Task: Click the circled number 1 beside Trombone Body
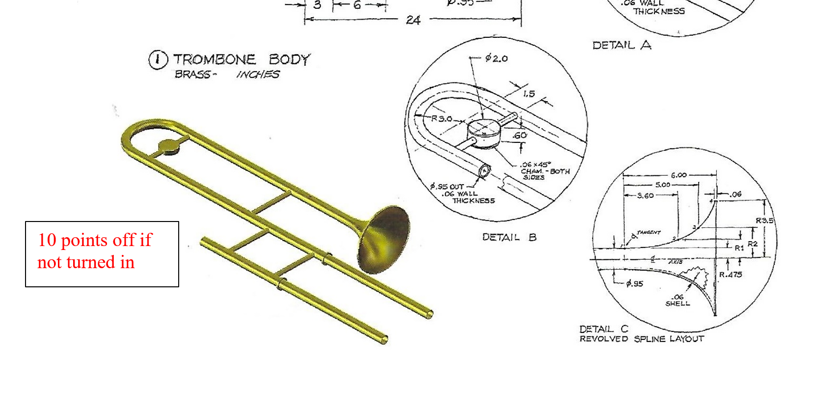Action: point(158,59)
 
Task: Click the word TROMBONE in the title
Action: point(215,59)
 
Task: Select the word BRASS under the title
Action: point(193,74)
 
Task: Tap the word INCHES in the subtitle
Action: point(258,74)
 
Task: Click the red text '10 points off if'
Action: point(95,240)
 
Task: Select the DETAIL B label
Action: point(509,237)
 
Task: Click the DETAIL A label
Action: point(621,45)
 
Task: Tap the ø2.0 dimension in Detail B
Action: point(496,58)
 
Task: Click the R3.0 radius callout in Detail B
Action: point(441,118)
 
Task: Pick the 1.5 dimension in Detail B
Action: point(529,94)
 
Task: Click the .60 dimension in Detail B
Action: point(519,135)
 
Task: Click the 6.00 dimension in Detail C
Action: point(678,175)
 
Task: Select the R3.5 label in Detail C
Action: point(764,221)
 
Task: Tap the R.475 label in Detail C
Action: point(730,275)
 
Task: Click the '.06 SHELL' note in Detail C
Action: point(677,300)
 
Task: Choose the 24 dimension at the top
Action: point(413,20)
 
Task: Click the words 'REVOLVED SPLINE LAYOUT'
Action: point(642,339)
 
